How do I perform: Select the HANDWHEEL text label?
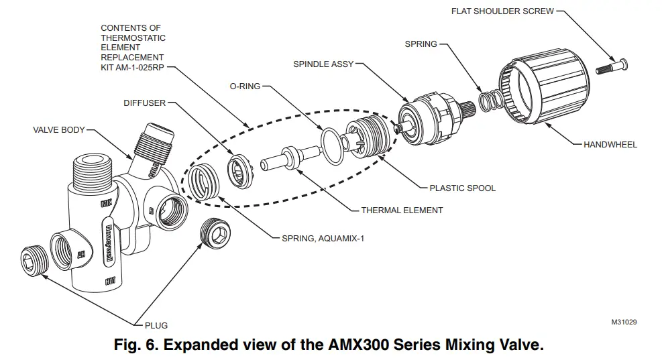[610, 144]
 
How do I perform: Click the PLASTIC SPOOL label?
[462, 188]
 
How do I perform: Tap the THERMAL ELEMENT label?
[402, 210]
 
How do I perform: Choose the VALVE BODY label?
[58, 130]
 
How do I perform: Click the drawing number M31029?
[623, 322]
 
